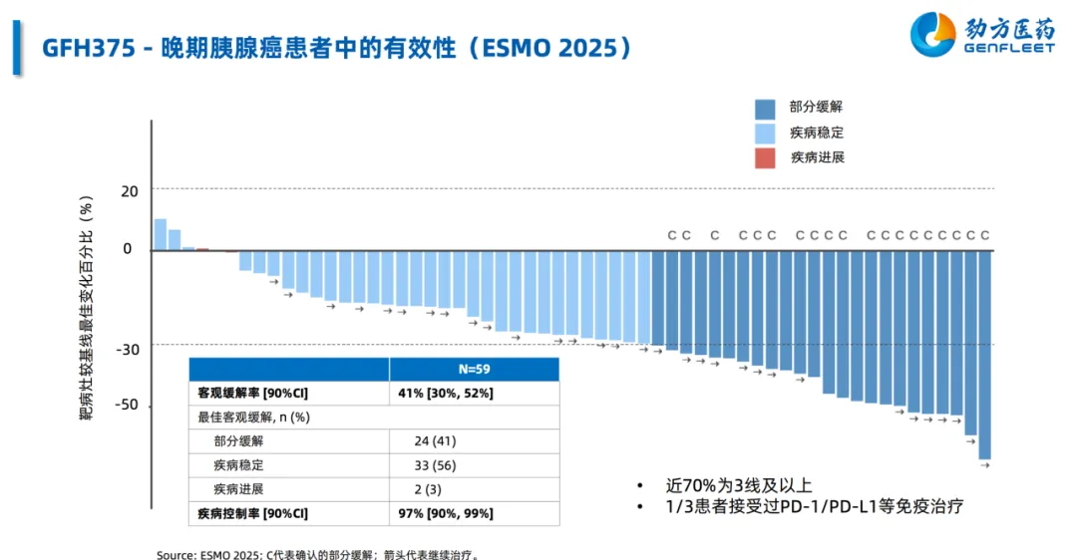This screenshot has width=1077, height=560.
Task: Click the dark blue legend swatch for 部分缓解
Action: (x=765, y=109)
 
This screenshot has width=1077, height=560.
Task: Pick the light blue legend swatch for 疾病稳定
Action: (x=765, y=134)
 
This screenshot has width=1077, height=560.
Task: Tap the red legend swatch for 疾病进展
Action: (x=765, y=157)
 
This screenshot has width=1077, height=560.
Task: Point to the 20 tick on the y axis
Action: (x=130, y=189)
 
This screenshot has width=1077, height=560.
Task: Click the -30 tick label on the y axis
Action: (x=128, y=349)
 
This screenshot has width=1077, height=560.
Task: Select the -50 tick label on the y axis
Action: (x=128, y=406)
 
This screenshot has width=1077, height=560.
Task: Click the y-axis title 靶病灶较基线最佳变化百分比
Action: (x=87, y=309)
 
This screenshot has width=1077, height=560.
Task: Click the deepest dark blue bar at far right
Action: (x=984, y=355)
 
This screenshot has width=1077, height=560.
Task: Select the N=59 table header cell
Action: (x=474, y=369)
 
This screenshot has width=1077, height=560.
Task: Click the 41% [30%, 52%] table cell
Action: (x=446, y=394)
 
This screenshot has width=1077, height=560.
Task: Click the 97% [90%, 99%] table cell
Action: (x=446, y=513)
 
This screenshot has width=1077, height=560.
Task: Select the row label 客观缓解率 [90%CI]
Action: (x=253, y=394)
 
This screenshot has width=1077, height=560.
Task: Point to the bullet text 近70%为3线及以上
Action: (x=739, y=486)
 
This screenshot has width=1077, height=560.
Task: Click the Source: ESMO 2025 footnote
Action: (x=324, y=554)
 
